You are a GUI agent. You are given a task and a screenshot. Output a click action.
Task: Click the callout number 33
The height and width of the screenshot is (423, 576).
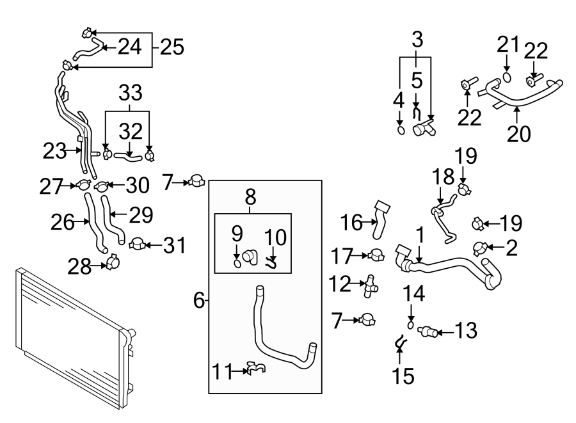tap(131, 93)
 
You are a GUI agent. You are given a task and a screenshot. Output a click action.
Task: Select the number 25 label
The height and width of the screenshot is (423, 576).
tap(172, 47)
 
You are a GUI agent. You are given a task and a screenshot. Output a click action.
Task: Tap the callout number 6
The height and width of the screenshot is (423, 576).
tap(199, 300)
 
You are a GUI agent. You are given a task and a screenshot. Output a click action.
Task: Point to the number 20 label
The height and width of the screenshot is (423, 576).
tap(518, 134)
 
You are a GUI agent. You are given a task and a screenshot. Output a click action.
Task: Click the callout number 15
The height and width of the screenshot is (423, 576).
tap(403, 376)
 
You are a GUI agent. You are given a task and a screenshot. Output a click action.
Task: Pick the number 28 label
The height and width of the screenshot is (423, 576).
tap(79, 267)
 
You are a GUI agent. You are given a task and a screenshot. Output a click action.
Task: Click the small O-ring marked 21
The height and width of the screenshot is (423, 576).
tap(507, 77)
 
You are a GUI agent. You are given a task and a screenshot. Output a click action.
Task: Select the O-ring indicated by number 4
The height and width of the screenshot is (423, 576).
tap(401, 130)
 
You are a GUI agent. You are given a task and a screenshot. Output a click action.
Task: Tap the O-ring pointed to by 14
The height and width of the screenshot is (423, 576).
tap(411, 325)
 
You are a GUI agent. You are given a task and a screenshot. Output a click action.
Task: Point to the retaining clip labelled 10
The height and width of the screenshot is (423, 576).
tap(271, 263)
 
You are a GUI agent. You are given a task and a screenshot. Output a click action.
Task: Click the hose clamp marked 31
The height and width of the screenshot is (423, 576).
tap(138, 244)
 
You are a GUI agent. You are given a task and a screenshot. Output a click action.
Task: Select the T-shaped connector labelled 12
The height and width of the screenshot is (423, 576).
tap(369, 286)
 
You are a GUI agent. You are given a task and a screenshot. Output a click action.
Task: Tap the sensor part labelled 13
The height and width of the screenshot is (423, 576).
tap(428, 330)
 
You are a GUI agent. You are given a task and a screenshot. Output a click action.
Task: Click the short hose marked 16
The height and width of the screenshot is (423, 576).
tap(380, 219)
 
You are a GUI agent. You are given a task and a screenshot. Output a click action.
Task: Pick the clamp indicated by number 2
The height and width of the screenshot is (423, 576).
tap(480, 248)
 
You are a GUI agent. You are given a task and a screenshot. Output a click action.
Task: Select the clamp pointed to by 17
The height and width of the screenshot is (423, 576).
tap(376, 255)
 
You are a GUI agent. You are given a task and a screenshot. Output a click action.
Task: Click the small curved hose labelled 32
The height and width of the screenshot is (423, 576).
tap(127, 157)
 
